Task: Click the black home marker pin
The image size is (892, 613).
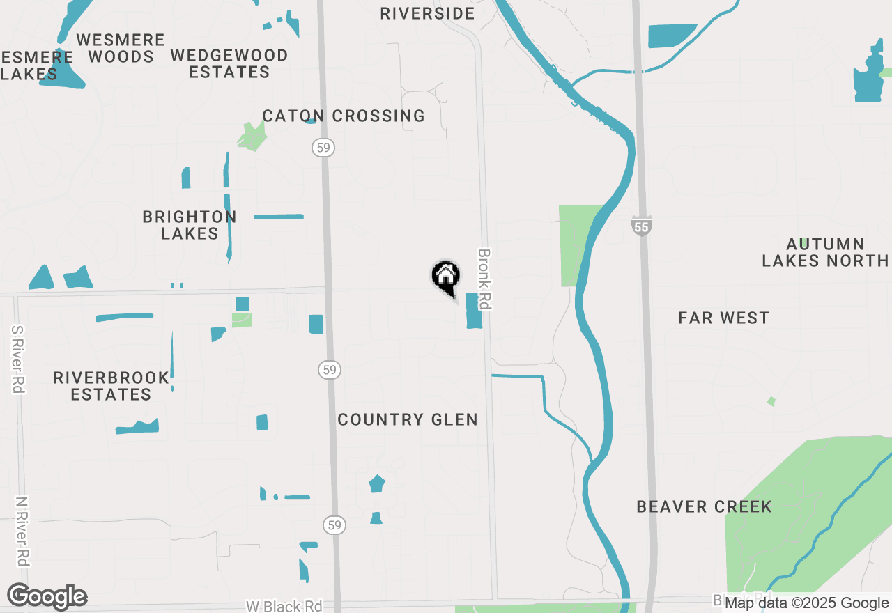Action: click(446, 277)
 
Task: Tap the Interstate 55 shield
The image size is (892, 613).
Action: click(643, 225)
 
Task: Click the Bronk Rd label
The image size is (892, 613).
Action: click(484, 279)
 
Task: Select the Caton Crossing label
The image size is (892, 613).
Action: click(344, 116)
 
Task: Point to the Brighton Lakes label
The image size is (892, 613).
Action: click(190, 225)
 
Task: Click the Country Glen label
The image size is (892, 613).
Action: click(408, 419)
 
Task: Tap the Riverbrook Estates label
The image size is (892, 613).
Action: click(111, 386)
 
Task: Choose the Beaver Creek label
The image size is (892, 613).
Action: click(704, 506)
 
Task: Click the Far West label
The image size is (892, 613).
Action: click(723, 318)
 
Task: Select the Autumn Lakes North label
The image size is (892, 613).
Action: click(825, 252)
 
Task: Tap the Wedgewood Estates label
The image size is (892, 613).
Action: click(229, 63)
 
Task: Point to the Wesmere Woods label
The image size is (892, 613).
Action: click(121, 48)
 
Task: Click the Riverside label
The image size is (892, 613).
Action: click(427, 13)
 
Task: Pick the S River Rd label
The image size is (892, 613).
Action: click(18, 359)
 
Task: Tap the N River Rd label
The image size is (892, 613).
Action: click(22, 531)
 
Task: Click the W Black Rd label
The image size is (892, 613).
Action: click(284, 606)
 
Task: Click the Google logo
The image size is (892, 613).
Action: click(47, 597)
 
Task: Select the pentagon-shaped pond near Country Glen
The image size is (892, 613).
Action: click(377, 483)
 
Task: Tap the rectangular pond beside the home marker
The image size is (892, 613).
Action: click(474, 311)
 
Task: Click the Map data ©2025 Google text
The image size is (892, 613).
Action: click(806, 603)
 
